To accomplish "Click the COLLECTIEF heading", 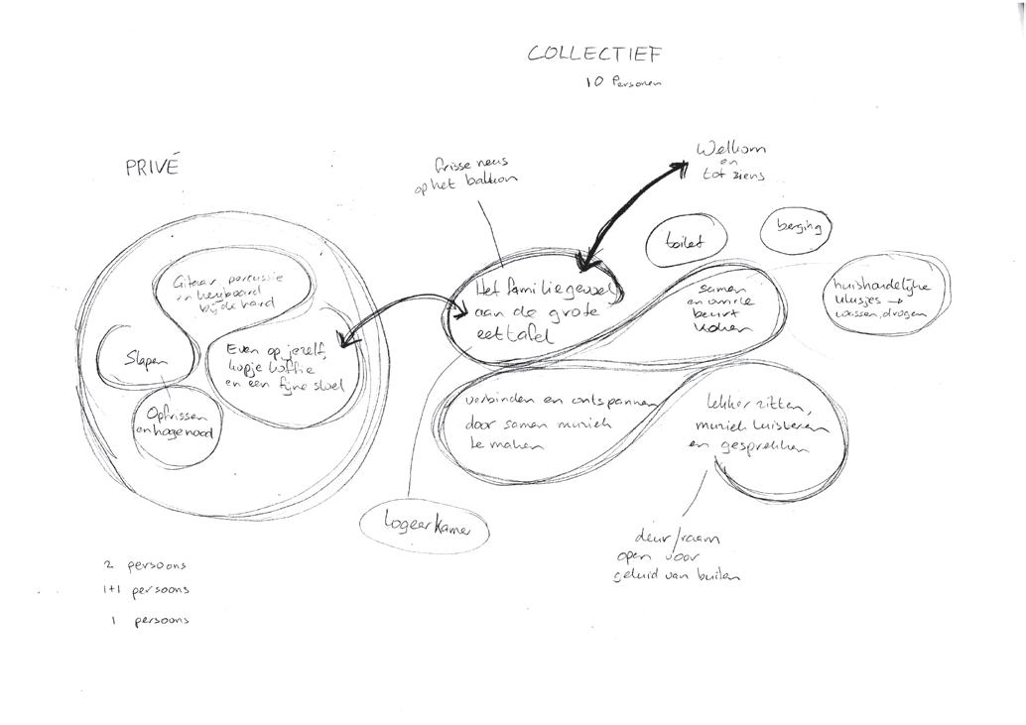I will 594,54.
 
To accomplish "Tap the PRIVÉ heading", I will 152,168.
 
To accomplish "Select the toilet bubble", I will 686,242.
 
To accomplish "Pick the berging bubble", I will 798,229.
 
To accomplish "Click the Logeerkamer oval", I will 424,526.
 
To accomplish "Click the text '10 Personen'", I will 624,83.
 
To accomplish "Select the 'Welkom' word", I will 731,151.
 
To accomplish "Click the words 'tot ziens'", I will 734,178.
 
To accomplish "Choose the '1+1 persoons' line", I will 147,590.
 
